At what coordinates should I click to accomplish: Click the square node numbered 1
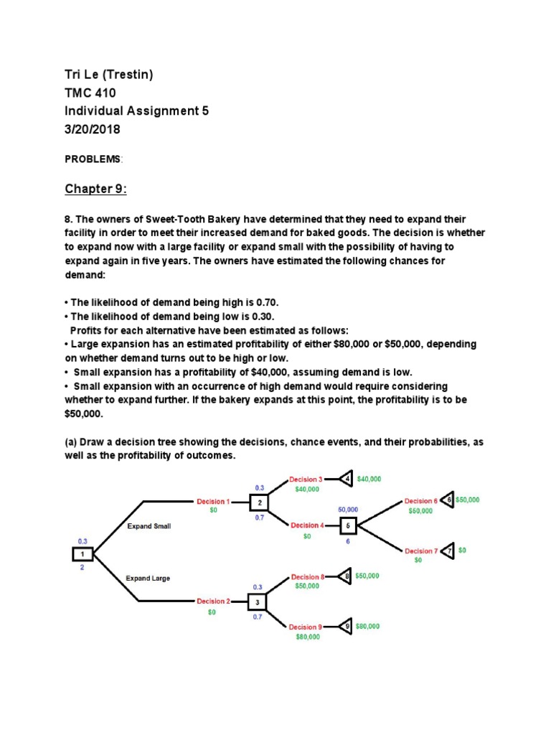[82, 553]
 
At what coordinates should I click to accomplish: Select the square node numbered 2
[259, 503]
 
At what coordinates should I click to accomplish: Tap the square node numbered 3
[258, 601]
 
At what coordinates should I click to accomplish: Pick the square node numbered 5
[348, 526]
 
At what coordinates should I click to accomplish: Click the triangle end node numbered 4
[346, 479]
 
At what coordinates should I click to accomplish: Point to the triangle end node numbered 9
[345, 627]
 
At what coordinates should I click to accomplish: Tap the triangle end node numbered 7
[448, 551]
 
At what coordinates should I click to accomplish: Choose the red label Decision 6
[420, 501]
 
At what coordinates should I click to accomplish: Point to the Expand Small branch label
[149, 526]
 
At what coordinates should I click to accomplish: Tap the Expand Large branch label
[149, 578]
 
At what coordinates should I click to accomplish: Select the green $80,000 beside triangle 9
[367, 627]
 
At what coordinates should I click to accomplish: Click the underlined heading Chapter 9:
[95, 189]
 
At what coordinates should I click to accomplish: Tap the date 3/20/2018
[93, 130]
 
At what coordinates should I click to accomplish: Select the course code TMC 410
[90, 93]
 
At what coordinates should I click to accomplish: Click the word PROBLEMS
[93, 158]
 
